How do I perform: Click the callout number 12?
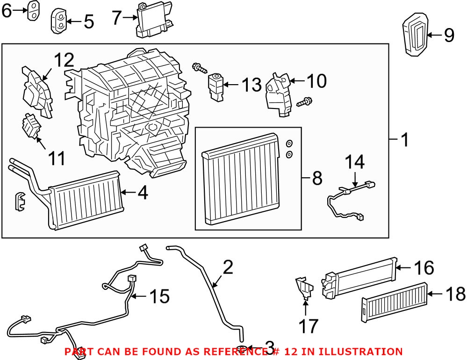pyautogui.click(x=64, y=61)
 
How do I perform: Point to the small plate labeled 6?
pyautogui.click(x=32, y=11)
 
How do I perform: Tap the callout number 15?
pyautogui.click(x=158, y=295)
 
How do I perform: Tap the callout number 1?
pyautogui.click(x=403, y=139)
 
